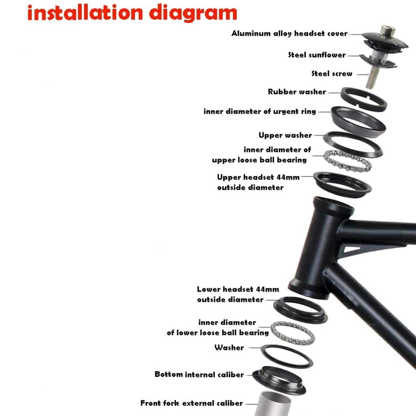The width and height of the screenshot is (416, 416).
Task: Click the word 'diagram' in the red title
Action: click(193, 13)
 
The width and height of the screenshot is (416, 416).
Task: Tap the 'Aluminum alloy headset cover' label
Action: click(290, 33)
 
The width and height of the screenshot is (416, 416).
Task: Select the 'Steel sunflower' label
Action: click(317, 55)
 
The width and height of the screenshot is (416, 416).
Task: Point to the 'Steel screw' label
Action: click(332, 74)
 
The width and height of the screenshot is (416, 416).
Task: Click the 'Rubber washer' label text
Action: click(297, 92)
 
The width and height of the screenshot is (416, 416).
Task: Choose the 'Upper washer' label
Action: click(285, 135)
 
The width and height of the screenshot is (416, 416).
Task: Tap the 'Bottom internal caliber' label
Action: click(199, 374)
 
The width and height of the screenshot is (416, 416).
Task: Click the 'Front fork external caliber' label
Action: click(191, 403)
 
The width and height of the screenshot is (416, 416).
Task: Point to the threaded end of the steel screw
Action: click(371, 78)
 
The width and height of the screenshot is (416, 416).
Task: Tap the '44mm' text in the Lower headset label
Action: click(269, 289)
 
